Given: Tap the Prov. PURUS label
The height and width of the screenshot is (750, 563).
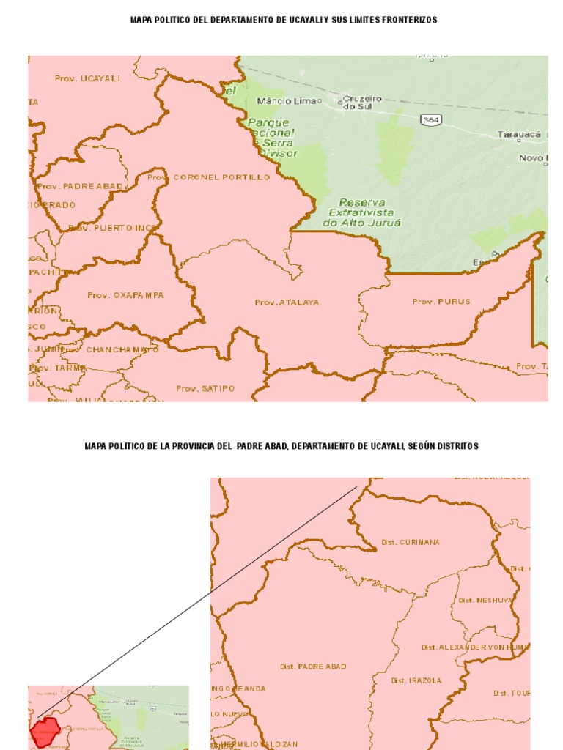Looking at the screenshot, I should point(441,302).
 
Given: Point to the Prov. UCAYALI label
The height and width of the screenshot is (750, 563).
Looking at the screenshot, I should point(87,78).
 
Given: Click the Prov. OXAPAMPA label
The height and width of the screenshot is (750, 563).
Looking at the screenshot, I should point(125,295).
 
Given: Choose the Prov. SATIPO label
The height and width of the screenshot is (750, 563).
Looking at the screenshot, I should point(205,388).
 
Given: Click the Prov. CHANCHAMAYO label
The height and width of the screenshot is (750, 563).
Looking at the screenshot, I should point(111,349).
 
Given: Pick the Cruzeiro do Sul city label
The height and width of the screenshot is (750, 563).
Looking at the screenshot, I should point(359,102).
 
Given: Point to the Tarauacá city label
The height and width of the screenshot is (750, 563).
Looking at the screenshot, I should point(519,135).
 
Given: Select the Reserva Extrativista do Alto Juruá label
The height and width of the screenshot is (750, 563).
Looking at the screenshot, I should point(356,212).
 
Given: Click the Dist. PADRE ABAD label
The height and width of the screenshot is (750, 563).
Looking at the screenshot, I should point(313,667).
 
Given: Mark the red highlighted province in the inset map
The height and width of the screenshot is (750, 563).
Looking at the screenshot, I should point(45,730).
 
